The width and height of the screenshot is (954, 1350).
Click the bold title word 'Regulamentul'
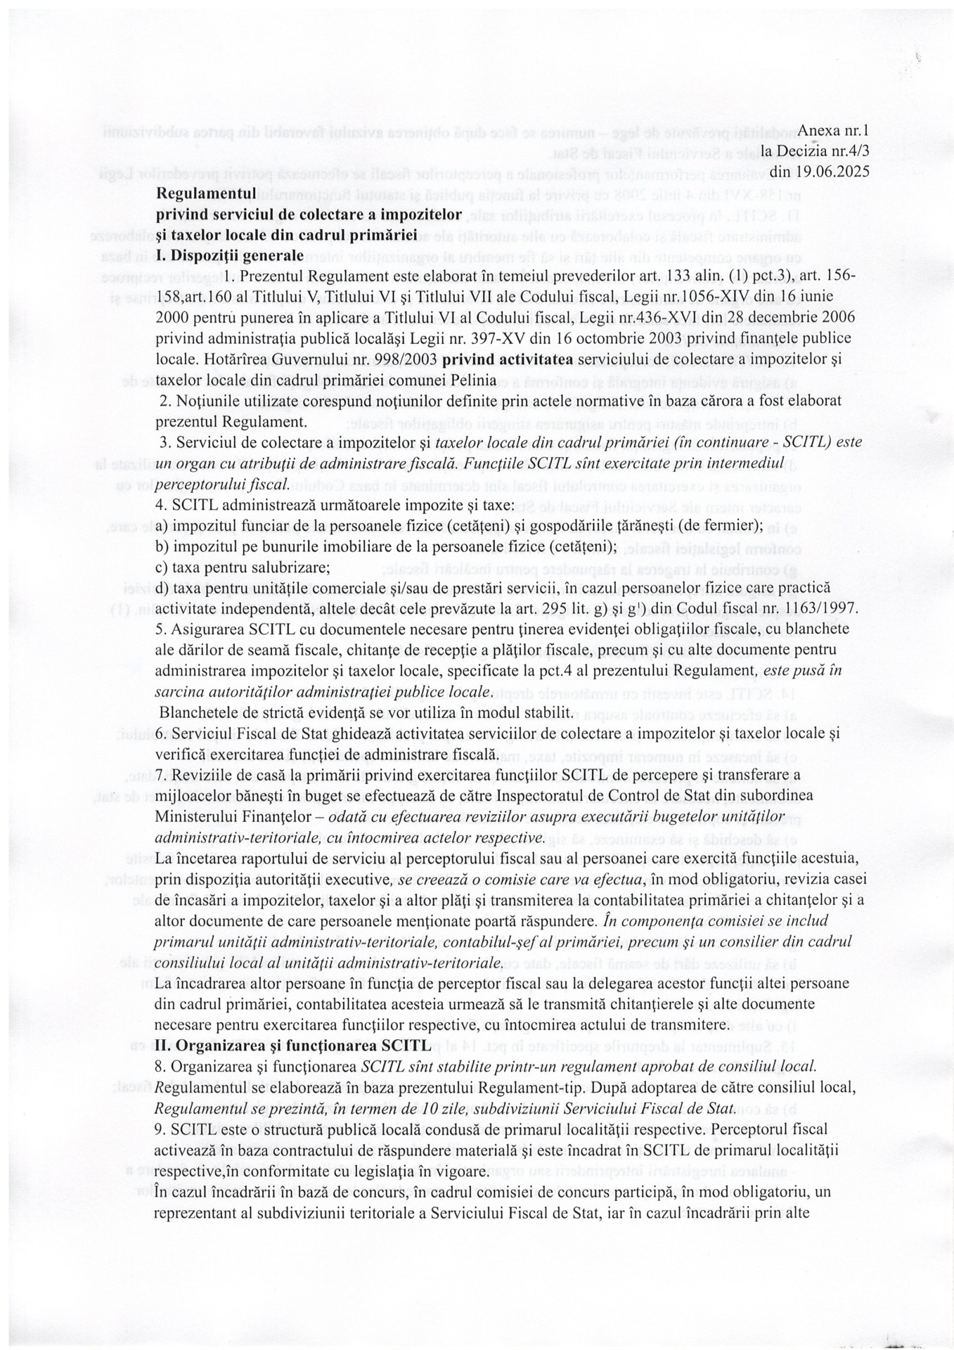pos(198,193)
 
